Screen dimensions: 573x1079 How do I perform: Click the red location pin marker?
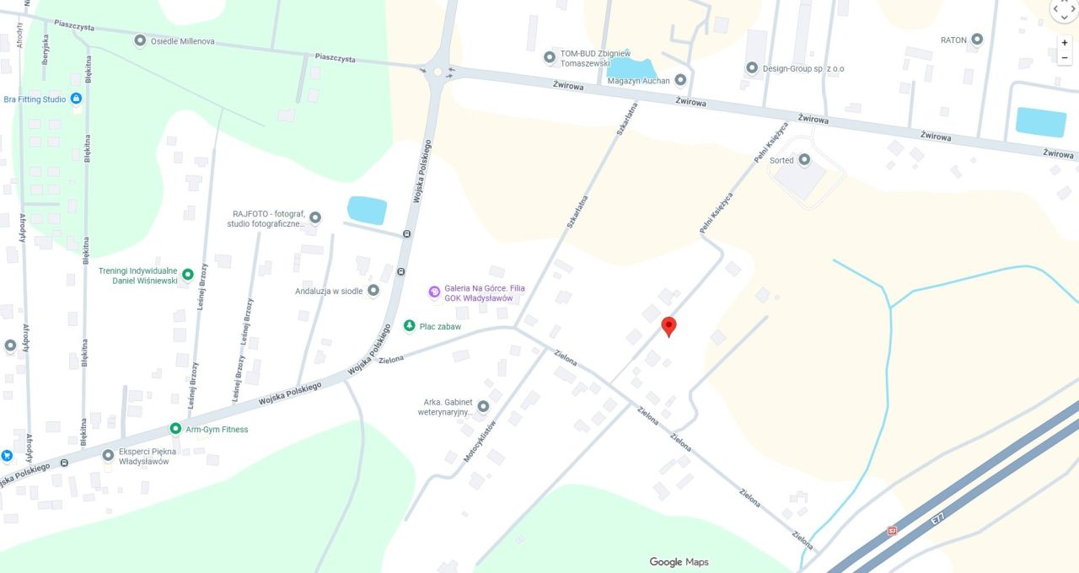pos(668,326)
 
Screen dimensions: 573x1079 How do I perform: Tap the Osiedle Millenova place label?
pos(182,40)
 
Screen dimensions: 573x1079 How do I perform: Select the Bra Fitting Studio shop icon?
pos(76,99)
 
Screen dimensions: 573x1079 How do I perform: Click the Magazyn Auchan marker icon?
pos(680,80)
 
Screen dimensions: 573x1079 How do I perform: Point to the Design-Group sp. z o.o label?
pos(803,68)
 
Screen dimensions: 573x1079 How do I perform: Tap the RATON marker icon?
pos(977,39)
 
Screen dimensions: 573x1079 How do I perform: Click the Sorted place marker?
pos(804,159)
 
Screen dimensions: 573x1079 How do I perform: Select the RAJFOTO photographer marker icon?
pos(315,217)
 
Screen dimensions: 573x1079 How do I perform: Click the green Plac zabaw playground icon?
pos(410,326)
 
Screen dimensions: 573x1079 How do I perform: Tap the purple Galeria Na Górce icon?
pos(434,292)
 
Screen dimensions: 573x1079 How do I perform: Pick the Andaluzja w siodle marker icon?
pos(373,291)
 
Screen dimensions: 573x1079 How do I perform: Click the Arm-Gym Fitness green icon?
pos(175,429)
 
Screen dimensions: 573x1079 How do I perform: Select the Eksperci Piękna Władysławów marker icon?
pos(108,455)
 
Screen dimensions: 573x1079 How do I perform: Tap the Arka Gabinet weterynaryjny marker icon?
pos(483,406)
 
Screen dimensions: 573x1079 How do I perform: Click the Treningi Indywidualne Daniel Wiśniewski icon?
pos(188,274)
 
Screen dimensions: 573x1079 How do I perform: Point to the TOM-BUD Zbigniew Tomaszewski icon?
pos(550,57)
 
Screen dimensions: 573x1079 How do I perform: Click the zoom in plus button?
pos(1065,42)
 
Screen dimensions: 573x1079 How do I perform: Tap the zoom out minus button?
pos(1065,57)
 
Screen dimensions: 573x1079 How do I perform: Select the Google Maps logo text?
pos(679,562)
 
